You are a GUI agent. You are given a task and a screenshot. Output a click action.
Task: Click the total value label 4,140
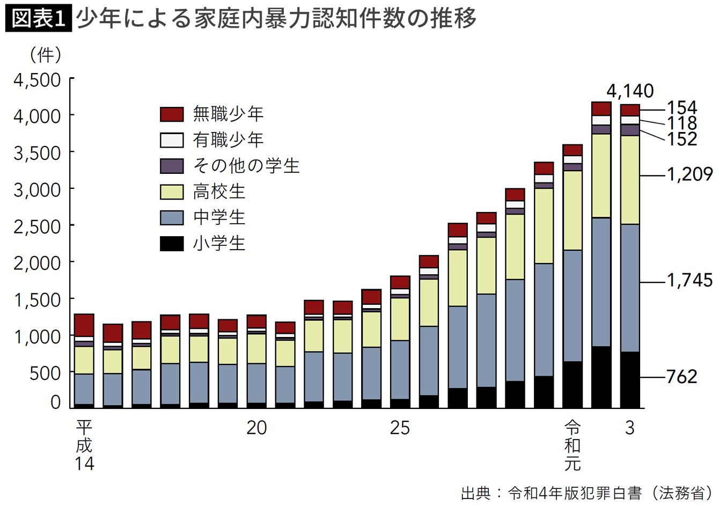pos(630,91)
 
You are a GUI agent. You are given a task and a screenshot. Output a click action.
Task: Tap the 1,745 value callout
pos(689,280)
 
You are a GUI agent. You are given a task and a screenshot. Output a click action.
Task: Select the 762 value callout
pos(682,377)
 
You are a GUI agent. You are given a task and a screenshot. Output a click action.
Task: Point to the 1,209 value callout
pos(689,174)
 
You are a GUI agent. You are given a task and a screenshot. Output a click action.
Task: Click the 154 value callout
pos(682,107)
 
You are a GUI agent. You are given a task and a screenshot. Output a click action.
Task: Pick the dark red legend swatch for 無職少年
pos(172,114)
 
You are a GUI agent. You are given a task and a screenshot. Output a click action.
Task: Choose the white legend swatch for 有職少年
pos(172,140)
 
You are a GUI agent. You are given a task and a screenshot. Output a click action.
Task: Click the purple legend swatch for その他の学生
pos(172,166)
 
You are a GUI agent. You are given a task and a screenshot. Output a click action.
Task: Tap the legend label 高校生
pos(219,192)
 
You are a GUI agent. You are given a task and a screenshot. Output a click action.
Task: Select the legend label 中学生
pos(219,217)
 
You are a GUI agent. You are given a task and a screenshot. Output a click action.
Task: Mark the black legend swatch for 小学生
pos(172,243)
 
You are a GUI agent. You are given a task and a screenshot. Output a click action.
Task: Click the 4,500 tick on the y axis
pos(37,80)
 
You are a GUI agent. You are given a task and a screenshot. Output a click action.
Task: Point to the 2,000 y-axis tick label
pos(37,264)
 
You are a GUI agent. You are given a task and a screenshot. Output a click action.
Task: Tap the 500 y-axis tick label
pos(45,374)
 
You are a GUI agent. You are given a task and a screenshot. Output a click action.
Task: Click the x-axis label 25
pos(400,428)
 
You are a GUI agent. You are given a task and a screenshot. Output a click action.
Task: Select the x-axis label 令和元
pos(573,445)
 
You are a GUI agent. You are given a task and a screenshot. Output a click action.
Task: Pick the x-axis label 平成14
pos(84,445)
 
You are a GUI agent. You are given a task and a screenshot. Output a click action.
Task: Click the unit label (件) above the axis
pos(45,55)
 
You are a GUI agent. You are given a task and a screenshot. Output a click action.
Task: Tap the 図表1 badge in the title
pos(39,19)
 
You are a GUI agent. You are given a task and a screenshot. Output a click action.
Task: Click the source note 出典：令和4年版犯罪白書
pos(551,493)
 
